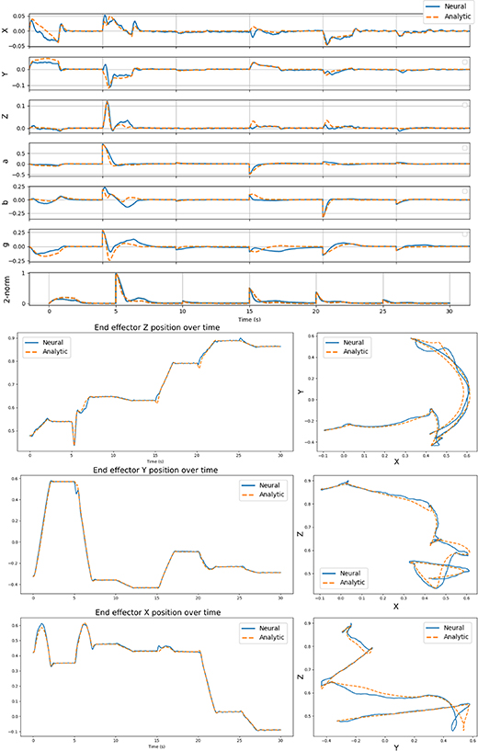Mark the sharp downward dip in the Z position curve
tap(74, 444)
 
